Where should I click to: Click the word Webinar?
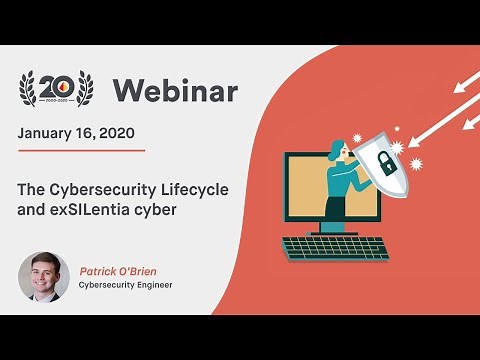(175, 91)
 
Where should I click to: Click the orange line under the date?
(82, 150)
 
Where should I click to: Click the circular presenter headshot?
(44, 276)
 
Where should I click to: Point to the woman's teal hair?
(336, 151)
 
